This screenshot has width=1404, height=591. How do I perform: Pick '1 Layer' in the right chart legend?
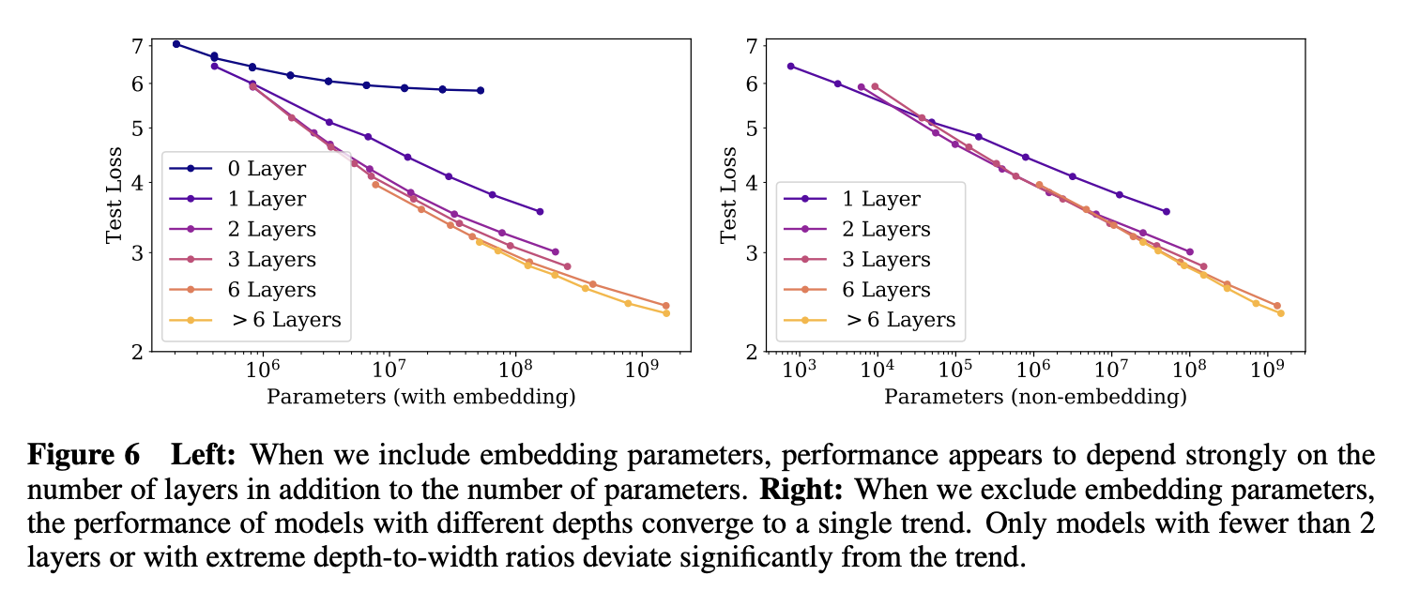click(852, 199)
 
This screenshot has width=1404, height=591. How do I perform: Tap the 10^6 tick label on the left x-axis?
click(262, 370)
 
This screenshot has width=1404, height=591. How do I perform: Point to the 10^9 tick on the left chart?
click(642, 370)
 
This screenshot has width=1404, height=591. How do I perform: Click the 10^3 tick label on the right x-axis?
click(800, 370)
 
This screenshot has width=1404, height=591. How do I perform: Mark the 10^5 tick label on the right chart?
click(955, 370)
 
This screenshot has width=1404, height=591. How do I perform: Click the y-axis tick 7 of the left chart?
click(137, 46)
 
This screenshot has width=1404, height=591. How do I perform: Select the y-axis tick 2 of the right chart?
click(752, 352)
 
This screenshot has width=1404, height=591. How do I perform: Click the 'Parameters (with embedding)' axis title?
click(421, 397)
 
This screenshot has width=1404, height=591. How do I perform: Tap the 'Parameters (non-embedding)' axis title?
click(1035, 397)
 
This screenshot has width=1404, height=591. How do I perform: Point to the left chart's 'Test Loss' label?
click(114, 195)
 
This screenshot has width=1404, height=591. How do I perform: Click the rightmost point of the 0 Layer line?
click(481, 90)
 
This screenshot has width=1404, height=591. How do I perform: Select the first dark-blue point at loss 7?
click(176, 44)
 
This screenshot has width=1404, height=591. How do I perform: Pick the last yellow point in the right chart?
click(1280, 313)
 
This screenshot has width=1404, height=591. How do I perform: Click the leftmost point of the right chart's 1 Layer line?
click(790, 66)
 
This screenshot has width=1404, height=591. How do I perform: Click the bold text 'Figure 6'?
click(84, 455)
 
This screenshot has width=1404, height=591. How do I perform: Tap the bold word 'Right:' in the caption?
click(801, 490)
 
